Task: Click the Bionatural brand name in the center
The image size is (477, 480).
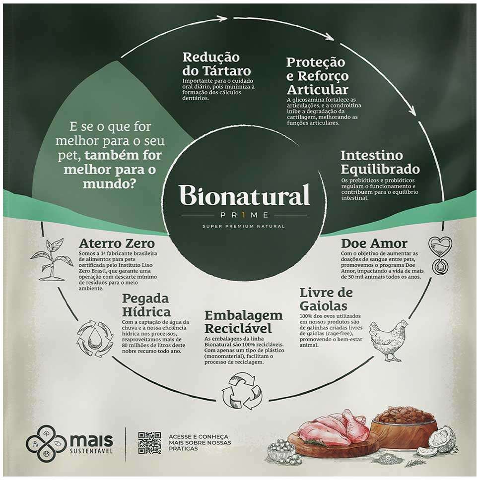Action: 244,195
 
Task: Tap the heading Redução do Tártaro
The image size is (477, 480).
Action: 216,64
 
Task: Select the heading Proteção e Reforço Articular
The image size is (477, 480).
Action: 317,76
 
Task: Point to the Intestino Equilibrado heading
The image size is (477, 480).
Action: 380,162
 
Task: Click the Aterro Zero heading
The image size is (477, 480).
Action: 117,243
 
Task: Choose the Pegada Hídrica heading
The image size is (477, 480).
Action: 146,305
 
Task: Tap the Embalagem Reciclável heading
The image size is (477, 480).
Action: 243,322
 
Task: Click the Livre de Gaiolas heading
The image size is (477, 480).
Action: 326,299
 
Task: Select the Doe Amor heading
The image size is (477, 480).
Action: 374,243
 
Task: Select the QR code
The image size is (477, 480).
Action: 149,443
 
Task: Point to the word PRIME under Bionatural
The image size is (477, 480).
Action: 244,215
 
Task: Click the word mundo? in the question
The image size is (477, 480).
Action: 109,183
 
